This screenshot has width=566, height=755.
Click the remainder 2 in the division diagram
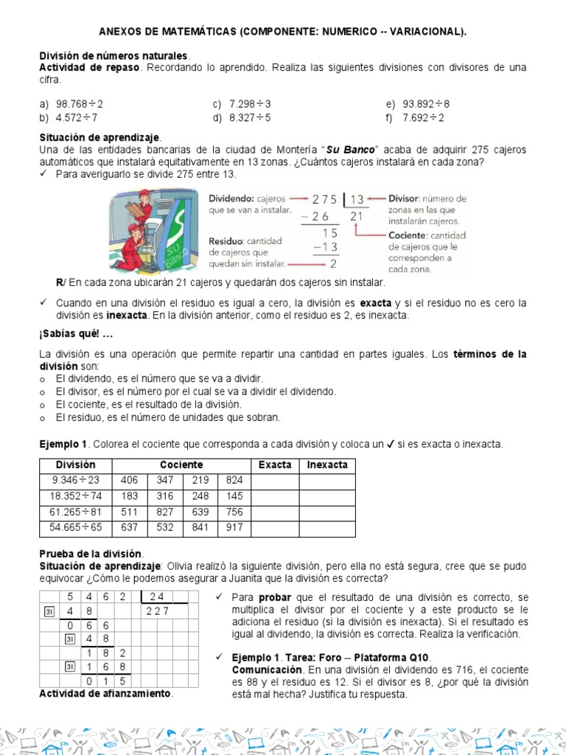point(333,263)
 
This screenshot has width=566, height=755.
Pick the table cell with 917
point(234,529)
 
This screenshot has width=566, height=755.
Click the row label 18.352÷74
point(76,497)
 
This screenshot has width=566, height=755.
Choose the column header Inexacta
point(327,465)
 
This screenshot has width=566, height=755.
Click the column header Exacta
point(275,465)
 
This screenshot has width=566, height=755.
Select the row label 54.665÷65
point(76,529)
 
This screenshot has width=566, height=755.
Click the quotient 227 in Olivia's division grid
point(157,610)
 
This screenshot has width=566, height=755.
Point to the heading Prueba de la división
point(91,554)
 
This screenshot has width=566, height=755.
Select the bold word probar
point(275,596)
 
